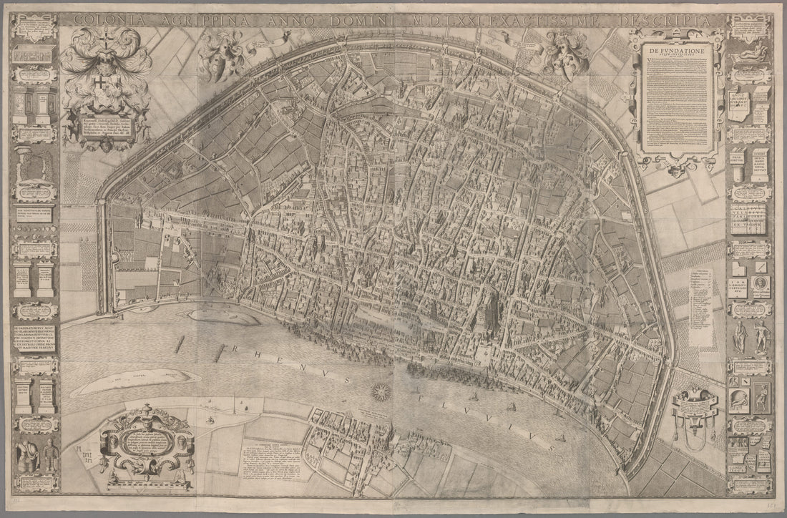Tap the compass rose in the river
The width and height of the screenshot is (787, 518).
[381, 391]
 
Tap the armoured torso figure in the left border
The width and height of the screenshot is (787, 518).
[28, 455]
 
